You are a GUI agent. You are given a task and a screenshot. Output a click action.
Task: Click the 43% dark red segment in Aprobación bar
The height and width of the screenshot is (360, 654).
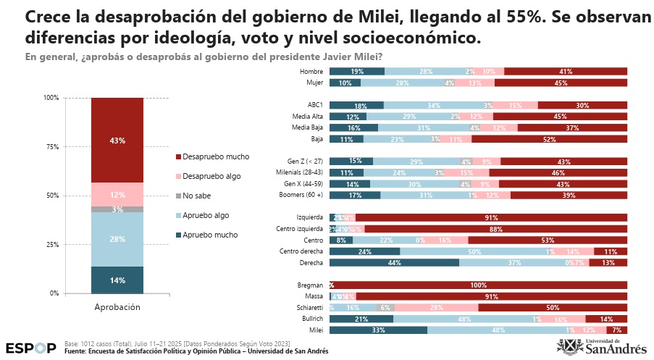click(x=117, y=140)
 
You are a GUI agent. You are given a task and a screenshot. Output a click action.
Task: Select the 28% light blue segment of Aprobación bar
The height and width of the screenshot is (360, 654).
click(x=117, y=239)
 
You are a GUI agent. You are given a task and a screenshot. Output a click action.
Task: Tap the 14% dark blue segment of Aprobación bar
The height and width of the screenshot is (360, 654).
click(x=117, y=280)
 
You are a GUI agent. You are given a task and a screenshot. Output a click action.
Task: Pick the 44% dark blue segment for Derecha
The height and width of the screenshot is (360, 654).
click(x=395, y=263)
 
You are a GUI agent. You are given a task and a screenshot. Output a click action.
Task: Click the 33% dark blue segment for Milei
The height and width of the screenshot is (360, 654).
click(x=378, y=330)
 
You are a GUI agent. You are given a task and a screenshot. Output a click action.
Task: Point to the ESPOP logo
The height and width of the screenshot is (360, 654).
click(x=30, y=347)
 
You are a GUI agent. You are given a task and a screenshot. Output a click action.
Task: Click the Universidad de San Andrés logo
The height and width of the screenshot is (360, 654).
click(x=607, y=346)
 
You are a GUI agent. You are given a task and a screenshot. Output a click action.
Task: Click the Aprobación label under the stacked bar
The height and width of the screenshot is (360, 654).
click(x=117, y=307)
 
